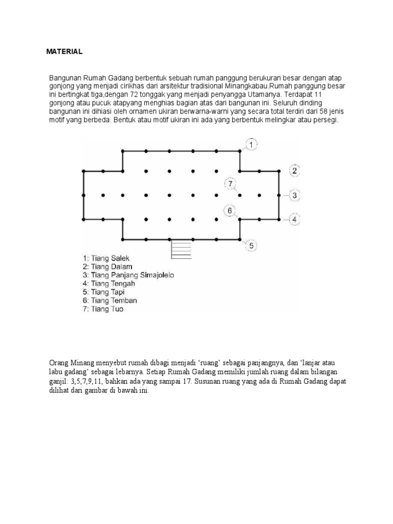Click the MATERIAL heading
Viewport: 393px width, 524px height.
[64, 52]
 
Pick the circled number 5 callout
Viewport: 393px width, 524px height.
[251, 246]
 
